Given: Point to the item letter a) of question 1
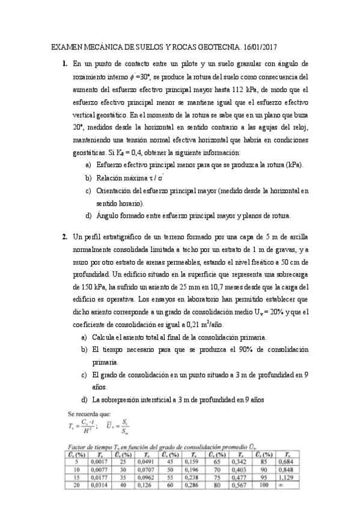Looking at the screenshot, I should click(x=89, y=164).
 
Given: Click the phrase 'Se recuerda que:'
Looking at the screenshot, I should click(x=90, y=414).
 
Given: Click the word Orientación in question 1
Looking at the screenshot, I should click(x=117, y=191).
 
